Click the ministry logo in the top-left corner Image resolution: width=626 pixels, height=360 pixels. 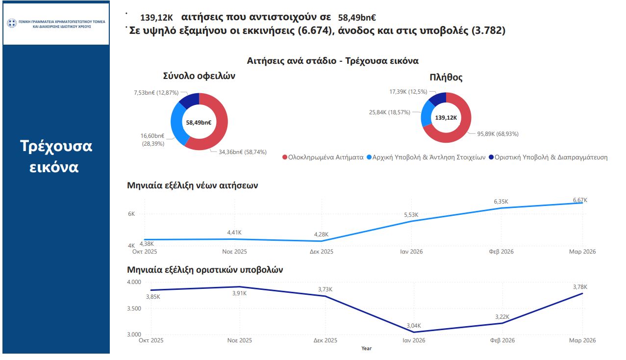point(11,23)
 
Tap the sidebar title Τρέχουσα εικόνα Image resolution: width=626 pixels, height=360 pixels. point(56,156)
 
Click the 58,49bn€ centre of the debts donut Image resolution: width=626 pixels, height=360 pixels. point(199,123)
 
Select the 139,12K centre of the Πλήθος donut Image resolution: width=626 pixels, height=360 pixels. point(446,118)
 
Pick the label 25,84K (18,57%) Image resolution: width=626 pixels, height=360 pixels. point(390,112)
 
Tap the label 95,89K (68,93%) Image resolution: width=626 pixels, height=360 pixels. point(494,134)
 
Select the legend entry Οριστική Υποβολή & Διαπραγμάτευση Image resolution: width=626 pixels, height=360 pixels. point(547,157)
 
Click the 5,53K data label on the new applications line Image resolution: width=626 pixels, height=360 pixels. point(411,215)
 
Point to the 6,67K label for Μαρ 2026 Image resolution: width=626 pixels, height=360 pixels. point(579,200)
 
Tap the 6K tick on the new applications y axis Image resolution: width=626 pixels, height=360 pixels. point(131,214)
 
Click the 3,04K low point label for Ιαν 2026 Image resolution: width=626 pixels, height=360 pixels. point(413,326)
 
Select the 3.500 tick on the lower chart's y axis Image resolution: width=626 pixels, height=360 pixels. point(133,309)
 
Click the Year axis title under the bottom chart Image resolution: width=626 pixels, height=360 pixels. point(366,348)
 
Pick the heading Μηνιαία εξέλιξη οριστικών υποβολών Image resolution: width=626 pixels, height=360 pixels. point(204,270)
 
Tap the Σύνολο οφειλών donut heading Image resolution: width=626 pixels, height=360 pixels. point(199,76)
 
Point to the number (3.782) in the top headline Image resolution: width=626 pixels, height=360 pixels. point(488,31)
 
